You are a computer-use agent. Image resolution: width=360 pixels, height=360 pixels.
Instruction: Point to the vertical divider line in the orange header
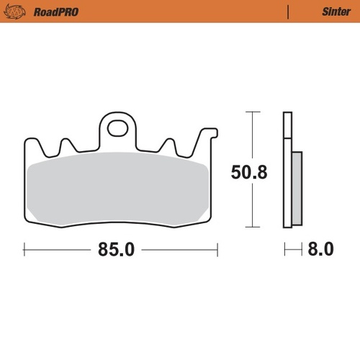[x=288, y=12]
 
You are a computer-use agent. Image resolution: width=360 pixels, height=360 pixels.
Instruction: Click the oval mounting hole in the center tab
[x=117, y=130]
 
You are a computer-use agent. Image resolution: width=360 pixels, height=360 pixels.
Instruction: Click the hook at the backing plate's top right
[x=210, y=134]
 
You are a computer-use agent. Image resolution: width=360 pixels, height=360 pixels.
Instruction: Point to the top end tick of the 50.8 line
[x=250, y=112]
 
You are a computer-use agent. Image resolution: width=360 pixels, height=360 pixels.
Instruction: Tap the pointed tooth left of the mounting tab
[x=67, y=144]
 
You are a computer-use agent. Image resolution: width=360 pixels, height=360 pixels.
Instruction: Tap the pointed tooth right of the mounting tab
[x=170, y=144]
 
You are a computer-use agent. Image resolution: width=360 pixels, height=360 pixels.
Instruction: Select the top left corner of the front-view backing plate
[x=26, y=140]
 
